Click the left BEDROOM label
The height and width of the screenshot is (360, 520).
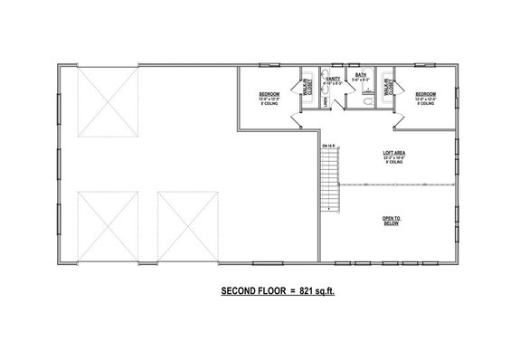click(269, 94)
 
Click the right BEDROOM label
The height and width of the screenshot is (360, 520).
click(425, 94)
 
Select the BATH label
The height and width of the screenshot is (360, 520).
click(360, 76)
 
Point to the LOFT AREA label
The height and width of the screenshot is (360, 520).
click(392, 153)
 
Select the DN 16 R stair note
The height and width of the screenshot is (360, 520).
click(326, 145)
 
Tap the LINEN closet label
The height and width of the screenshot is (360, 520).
click(324, 102)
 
